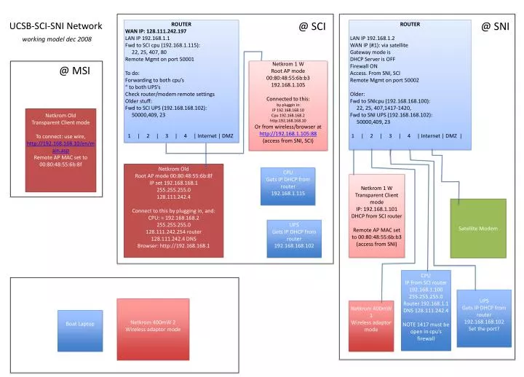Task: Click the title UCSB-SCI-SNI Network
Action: [x=56, y=26]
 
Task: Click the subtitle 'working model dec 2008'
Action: [x=56, y=39]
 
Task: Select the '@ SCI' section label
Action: [x=311, y=27]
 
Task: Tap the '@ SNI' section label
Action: [x=495, y=27]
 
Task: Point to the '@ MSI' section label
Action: [x=74, y=71]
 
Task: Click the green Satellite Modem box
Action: [x=477, y=228]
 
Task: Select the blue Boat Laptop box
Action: [x=79, y=323]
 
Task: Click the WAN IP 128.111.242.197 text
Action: [x=156, y=31]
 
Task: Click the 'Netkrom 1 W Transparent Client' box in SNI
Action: [x=378, y=215]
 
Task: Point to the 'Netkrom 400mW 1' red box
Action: [x=370, y=319]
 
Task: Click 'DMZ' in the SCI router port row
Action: [x=227, y=135]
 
